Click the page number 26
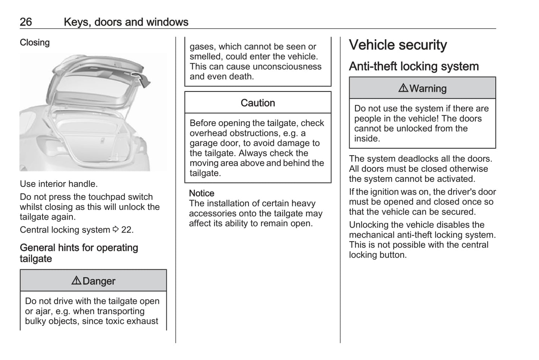pos(26,22)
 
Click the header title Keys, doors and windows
pos(126,22)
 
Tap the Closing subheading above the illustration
pos(35,43)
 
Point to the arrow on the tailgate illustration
pos(143,79)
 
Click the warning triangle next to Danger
pos(76,281)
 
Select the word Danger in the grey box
pos(99,281)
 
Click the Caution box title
pos(257,103)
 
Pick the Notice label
pos(201,193)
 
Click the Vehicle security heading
pos(398,45)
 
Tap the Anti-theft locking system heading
pos(414,66)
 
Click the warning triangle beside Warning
pos(403,88)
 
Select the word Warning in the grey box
pos(428,88)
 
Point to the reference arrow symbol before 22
pos(116,229)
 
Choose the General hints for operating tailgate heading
pos(79,253)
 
